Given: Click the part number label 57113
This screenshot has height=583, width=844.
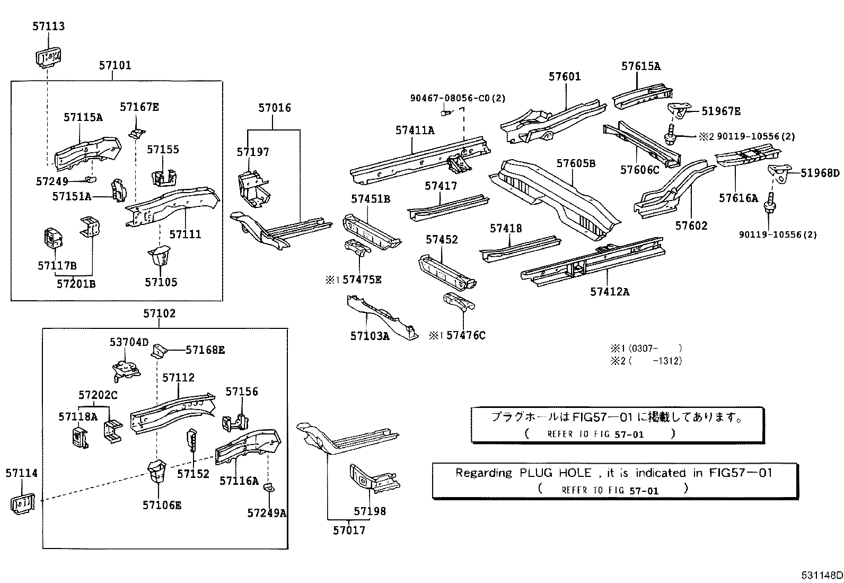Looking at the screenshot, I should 48,26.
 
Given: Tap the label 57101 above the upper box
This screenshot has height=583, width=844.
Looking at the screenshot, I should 115,65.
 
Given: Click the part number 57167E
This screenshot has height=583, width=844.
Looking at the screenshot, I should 139,107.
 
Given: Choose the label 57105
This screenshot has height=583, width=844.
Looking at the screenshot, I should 161,282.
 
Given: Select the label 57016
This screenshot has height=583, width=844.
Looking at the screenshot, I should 275,108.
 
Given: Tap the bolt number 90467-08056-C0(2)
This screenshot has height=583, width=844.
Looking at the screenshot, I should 458,98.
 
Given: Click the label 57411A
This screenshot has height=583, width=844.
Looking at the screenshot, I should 415,130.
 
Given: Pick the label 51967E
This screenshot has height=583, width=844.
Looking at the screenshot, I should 721,111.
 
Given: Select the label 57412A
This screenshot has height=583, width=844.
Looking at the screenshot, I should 610,292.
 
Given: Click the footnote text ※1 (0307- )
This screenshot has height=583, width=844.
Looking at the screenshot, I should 645,349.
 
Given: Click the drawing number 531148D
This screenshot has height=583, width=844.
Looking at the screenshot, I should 822,575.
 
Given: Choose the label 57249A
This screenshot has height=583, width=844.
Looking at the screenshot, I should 267,513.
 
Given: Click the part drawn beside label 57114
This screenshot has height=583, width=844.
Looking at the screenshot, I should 22,502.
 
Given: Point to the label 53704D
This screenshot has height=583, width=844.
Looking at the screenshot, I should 129,342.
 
